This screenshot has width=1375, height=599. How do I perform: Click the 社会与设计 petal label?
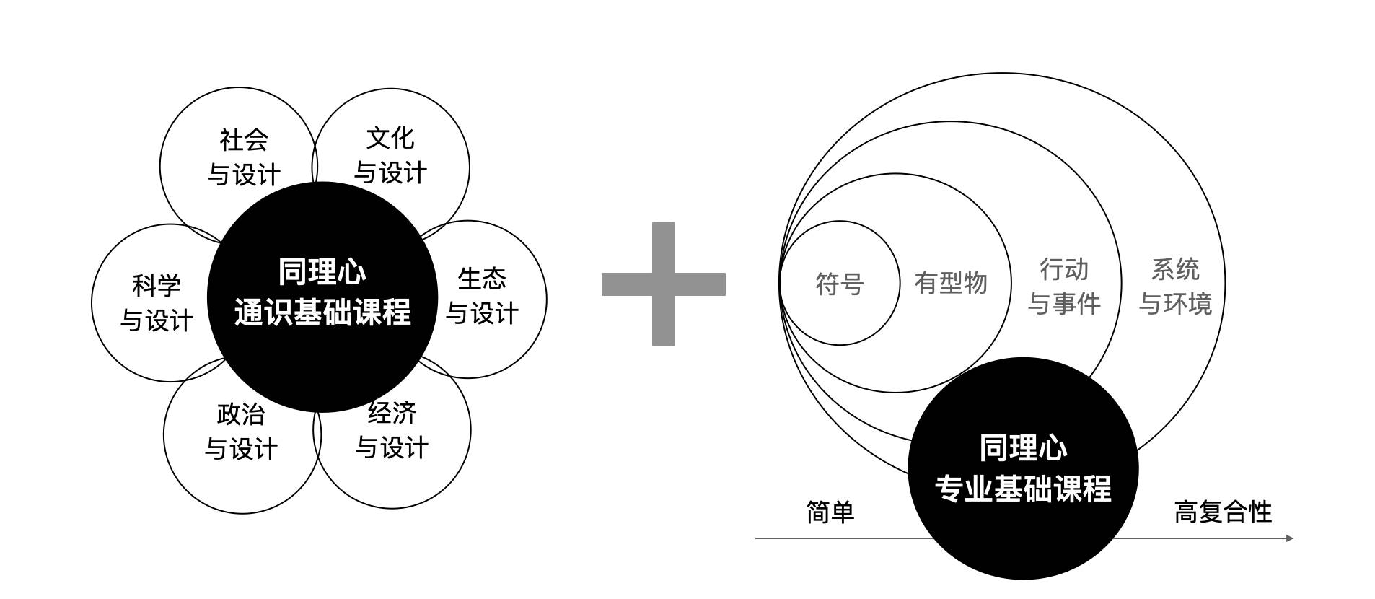pyautogui.click(x=244, y=157)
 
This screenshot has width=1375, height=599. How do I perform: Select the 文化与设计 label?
pyautogui.click(x=390, y=155)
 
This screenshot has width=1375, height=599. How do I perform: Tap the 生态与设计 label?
pyautogui.click(x=482, y=296)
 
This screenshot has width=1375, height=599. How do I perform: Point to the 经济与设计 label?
pyautogui.click(x=392, y=430)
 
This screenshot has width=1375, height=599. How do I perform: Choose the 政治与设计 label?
pyautogui.click(x=241, y=432)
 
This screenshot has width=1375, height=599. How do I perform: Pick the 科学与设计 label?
pyautogui.click(x=157, y=303)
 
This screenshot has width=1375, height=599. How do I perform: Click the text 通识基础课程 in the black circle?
pyautogui.click(x=322, y=312)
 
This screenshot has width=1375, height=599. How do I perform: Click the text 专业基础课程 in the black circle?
pyautogui.click(x=1023, y=488)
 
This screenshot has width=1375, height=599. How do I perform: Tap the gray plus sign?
pyautogui.click(x=664, y=284)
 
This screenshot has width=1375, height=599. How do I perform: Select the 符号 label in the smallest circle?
pyautogui.click(x=840, y=284)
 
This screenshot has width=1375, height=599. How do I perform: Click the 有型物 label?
pyautogui.click(x=951, y=283)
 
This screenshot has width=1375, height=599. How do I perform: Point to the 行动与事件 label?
pyautogui.click(x=1064, y=287)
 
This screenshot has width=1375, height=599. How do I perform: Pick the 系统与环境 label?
pyautogui.click(x=1175, y=287)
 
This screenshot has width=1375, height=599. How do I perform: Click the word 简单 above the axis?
pyautogui.click(x=830, y=512)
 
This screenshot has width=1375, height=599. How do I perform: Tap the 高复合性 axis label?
pyautogui.click(x=1223, y=512)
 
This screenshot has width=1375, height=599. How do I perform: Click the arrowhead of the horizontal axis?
pyautogui.click(x=1290, y=538)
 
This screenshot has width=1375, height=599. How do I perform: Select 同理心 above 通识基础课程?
pyautogui.click(x=322, y=272)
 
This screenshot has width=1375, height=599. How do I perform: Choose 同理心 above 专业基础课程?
pyautogui.click(x=1023, y=448)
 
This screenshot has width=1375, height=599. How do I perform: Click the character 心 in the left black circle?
pyautogui.click(x=353, y=272)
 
